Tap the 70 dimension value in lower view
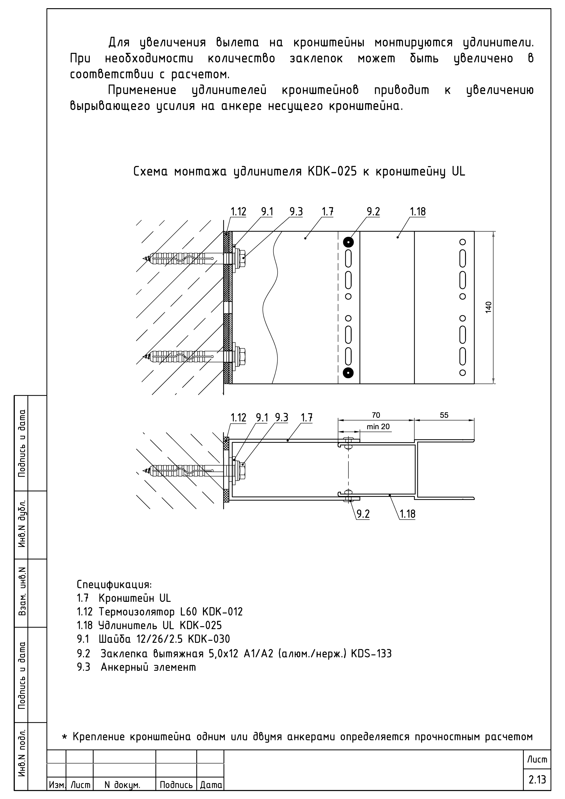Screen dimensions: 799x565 click(x=376, y=415)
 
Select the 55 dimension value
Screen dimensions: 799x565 click(x=444, y=415)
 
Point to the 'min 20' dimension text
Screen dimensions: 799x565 click(x=378, y=427)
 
